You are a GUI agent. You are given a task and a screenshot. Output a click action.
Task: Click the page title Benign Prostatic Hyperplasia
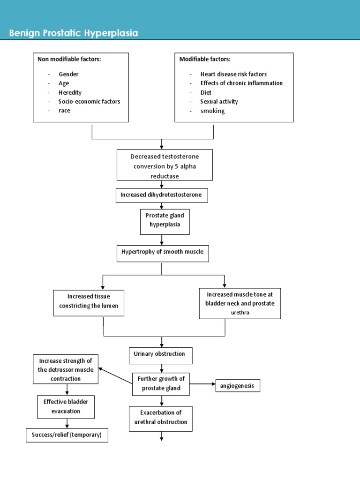[74, 33]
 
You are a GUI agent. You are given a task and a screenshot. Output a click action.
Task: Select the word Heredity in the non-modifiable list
[70, 92]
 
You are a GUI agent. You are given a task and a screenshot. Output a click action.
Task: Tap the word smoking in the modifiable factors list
[212, 111]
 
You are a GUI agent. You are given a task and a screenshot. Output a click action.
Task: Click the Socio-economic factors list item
[89, 101]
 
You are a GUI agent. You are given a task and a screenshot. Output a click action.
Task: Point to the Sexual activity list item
[219, 101]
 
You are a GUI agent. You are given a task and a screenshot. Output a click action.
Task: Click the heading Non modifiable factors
[69, 59]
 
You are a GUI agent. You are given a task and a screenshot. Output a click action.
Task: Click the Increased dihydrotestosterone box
[161, 195]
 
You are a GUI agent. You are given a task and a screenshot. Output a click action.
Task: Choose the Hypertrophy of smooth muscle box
[162, 252]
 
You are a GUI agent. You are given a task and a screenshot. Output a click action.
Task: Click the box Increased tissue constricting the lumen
[89, 302]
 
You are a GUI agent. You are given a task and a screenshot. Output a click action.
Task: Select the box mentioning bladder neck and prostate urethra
[240, 303]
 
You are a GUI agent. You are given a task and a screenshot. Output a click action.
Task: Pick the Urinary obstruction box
[161, 354]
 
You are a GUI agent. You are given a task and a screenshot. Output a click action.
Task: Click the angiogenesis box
[238, 386]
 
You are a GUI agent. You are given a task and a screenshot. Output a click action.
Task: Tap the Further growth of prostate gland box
[161, 384]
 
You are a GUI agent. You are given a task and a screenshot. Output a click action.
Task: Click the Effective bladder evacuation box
[66, 406]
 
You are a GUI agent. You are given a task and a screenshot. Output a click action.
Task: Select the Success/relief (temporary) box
[67, 435]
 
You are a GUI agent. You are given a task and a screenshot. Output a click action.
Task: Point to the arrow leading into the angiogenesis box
[202, 384]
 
